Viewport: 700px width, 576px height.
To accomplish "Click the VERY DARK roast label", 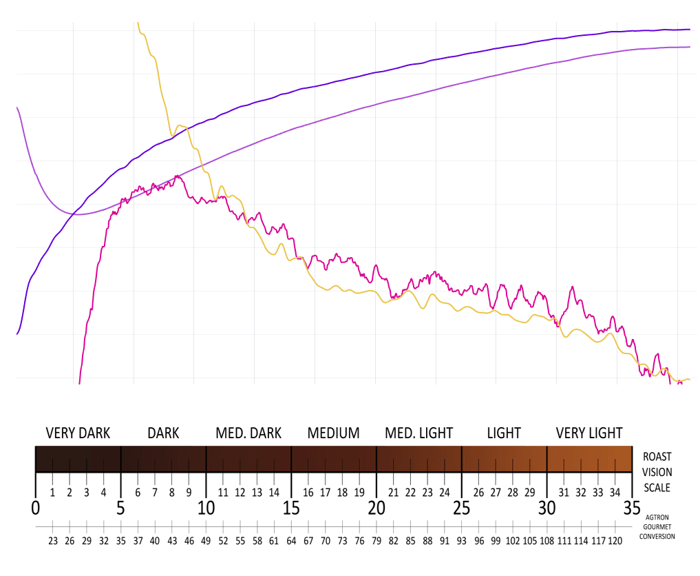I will tap(78, 433).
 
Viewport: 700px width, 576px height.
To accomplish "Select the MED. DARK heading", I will tap(248, 433).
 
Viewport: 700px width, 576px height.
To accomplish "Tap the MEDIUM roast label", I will tap(333, 433).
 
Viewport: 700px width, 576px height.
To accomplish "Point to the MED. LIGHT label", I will tap(418, 433).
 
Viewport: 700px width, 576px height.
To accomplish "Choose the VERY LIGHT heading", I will tap(589, 433).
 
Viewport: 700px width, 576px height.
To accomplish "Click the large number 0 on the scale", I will tap(35, 508).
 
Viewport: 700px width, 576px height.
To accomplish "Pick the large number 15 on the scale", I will tap(291, 508).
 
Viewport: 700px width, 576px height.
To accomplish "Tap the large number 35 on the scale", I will tap(632, 508).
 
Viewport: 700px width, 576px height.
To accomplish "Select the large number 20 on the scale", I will tap(376, 508).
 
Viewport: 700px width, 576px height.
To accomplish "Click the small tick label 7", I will tap(155, 493).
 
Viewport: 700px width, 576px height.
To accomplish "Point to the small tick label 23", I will tap(427, 493).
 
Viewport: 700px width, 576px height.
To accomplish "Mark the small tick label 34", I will tap(615, 493).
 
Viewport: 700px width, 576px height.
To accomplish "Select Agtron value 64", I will tap(291, 542).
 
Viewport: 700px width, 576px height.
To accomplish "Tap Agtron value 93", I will tap(461, 542).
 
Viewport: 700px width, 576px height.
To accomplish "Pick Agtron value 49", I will tap(206, 542).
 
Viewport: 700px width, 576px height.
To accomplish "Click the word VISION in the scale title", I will tap(657, 472).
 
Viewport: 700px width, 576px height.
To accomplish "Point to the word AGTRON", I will tap(657, 516).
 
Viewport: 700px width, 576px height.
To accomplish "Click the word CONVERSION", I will tap(657, 536).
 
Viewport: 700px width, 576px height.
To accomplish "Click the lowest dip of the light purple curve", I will tap(78, 214).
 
